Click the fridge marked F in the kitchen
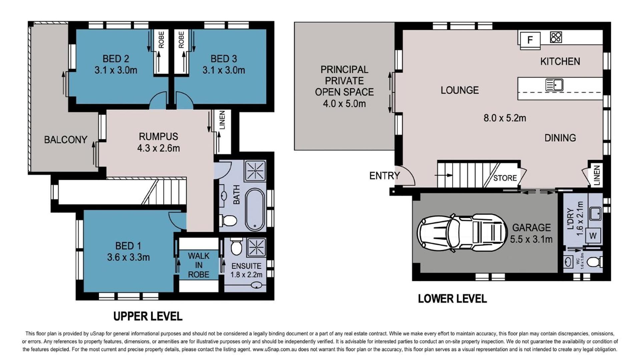[x=530, y=40]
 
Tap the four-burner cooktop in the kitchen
[x=556, y=37]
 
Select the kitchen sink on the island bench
[x=554, y=85]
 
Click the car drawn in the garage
[x=463, y=232]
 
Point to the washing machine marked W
[x=593, y=236]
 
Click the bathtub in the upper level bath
[x=255, y=209]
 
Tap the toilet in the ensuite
[x=236, y=247]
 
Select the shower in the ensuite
[x=256, y=247]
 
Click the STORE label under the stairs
[x=505, y=178]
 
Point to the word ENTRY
[x=384, y=176]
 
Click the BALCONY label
[x=66, y=140]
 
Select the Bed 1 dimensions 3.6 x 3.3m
[x=128, y=257]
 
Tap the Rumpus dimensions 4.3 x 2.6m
[x=158, y=148]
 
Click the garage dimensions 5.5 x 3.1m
[x=531, y=239]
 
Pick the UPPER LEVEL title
[x=148, y=316]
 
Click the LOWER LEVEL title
[x=452, y=299]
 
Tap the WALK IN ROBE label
[x=199, y=265]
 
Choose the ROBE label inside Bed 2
[x=161, y=40]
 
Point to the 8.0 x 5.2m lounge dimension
[x=505, y=118]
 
